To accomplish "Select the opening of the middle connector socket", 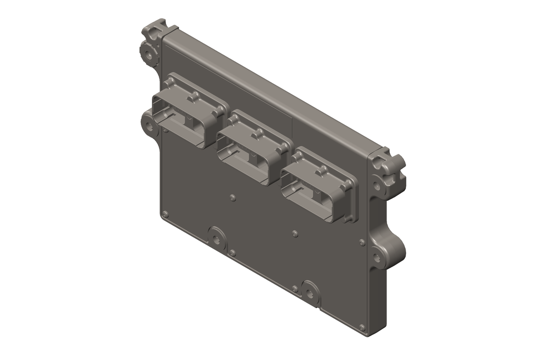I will [x=246, y=155].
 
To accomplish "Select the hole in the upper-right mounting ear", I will [x=378, y=185].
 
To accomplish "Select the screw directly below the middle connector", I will [x=233, y=197].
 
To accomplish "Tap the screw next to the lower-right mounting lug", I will [x=362, y=242].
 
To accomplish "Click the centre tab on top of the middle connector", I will [x=259, y=132].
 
